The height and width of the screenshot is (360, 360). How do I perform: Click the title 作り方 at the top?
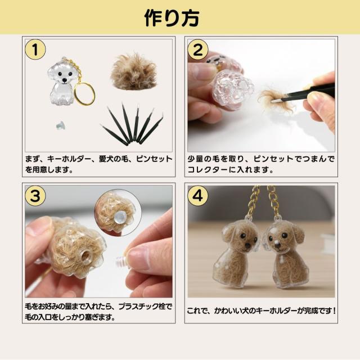[x=172, y=18]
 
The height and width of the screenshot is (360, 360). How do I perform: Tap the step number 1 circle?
[x=35, y=49]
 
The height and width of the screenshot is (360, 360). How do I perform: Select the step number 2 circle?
[x=197, y=49]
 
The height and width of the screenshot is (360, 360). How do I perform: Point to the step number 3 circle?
[x=35, y=196]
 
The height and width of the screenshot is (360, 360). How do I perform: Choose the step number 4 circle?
[x=197, y=196]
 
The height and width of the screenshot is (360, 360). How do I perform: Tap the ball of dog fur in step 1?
[x=134, y=71]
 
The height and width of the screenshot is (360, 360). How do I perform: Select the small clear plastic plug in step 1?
[x=61, y=125]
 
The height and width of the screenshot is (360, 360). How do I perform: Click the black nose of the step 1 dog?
[x=65, y=80]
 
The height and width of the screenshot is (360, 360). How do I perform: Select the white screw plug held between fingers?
[x=123, y=262]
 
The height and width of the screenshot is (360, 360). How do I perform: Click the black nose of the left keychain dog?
[x=247, y=246]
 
